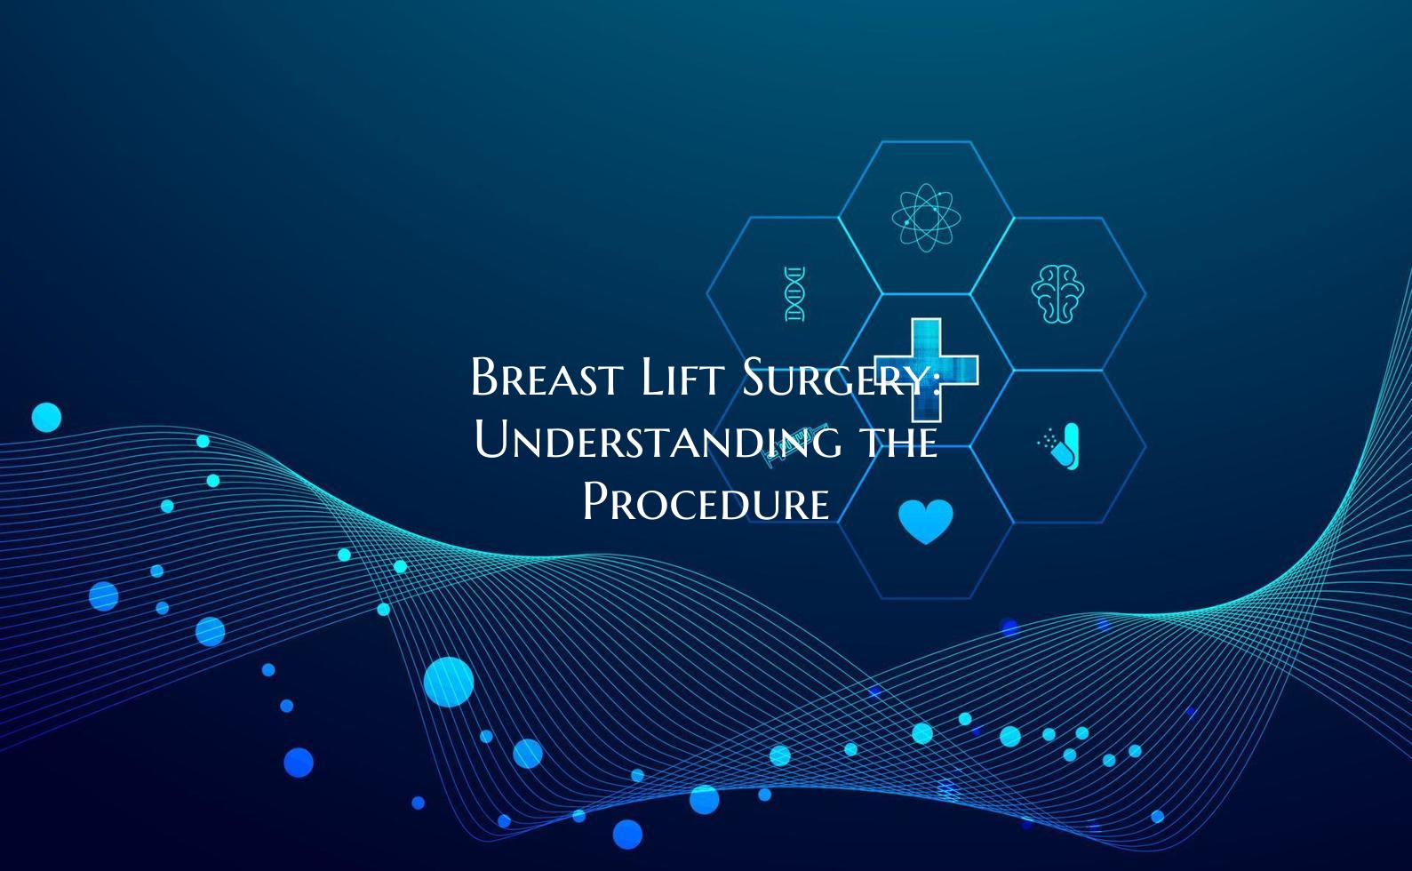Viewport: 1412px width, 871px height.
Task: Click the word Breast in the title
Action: pos(545,378)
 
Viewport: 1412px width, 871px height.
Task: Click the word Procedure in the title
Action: pos(706,502)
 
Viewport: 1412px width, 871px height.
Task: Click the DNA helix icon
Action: pos(794,293)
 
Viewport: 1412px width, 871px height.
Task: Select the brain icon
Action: pos(1057,292)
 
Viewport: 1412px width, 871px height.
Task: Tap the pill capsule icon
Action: pos(1062,445)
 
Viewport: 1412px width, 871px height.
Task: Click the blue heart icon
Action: pos(925,521)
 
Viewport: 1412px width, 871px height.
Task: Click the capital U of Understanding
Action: pos(491,441)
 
